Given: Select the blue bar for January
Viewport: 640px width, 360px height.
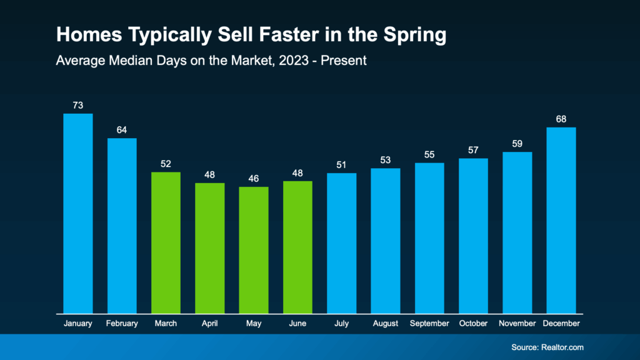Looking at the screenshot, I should pos(78,213).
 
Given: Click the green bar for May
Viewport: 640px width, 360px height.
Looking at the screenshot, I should pos(254,250).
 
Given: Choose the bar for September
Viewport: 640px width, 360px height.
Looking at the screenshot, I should pos(429,238).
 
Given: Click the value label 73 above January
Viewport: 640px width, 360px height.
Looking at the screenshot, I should pos(78,105).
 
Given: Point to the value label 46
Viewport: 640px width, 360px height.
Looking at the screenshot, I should pos(254,178).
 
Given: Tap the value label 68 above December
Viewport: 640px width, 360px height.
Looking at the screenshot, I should pos(561,119).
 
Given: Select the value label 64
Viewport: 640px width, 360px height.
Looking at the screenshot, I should pos(122,130).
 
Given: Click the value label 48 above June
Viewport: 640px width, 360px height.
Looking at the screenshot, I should pos(297,172).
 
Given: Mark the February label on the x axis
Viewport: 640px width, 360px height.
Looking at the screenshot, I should pos(122,324).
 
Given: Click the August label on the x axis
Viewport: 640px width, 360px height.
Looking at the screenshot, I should pos(386,324).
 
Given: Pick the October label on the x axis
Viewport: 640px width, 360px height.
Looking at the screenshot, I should pos(473,324).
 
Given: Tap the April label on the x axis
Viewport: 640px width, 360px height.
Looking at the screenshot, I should pos(210,324).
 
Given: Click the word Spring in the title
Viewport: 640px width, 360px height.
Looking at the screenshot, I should pos(415,36).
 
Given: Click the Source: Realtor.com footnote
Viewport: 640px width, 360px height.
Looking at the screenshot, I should pos(547,347).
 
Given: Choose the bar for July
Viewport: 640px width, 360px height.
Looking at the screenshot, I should pos(341,243).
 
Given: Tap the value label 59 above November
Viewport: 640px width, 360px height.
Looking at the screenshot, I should pos(517,143).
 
